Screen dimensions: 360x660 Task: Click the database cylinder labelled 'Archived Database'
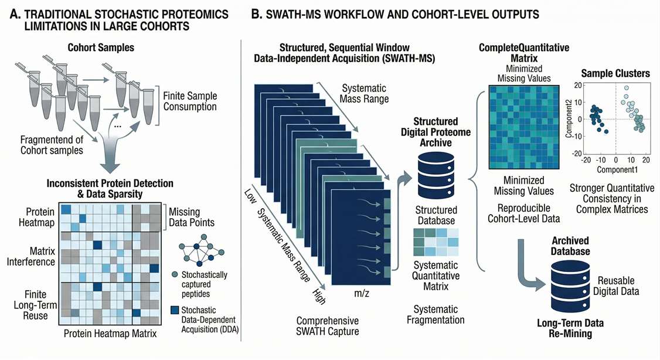click(570, 284)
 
